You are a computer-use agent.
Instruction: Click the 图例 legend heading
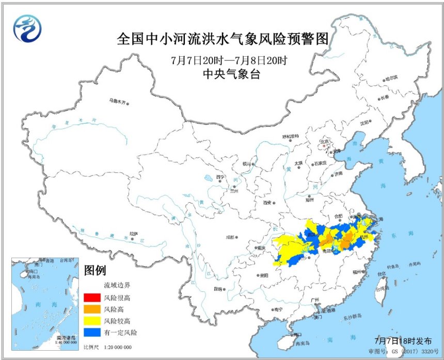95,270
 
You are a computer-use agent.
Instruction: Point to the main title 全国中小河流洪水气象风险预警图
223,39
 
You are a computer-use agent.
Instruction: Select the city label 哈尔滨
391,78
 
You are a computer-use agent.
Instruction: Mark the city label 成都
229,238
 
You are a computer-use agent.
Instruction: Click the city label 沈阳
364,122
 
